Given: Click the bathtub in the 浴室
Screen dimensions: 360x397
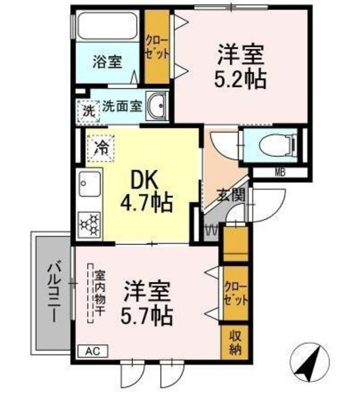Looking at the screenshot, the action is click(108, 25).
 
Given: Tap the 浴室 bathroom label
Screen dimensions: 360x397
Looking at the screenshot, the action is click(107, 61).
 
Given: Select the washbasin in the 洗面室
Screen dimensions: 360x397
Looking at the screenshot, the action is click(157, 106).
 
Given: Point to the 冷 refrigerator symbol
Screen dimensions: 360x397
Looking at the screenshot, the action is click(101, 148).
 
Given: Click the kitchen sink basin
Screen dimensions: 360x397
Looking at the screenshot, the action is click(89, 184).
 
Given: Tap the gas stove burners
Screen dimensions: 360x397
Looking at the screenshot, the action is click(89, 223).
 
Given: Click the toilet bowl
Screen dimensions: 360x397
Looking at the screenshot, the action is click(277, 145).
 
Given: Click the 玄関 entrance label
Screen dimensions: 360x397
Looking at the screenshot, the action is click(232, 195).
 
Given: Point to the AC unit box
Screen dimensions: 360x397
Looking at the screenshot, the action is click(92, 351).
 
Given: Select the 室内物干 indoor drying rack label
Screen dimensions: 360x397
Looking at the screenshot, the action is click(100, 293).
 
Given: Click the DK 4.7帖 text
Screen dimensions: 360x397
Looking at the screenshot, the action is click(146, 193).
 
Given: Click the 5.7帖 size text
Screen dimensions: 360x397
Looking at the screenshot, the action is click(146, 316).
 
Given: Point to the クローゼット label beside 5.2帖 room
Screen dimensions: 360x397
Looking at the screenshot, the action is click(157, 48).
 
